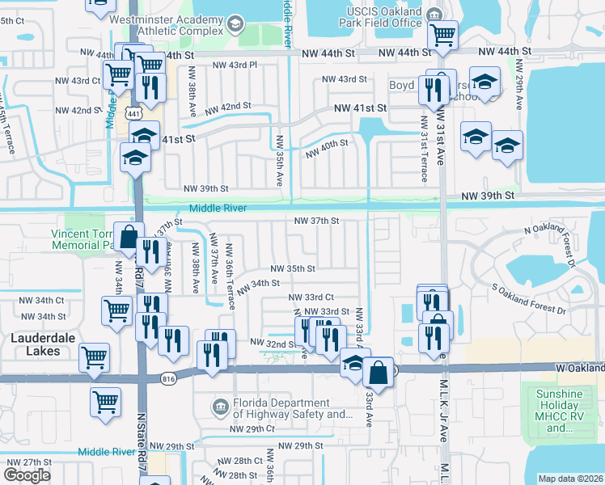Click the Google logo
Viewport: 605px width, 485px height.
[x=27, y=475]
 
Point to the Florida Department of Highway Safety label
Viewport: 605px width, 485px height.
[x=289, y=409]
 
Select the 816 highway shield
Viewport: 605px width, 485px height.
[x=168, y=377]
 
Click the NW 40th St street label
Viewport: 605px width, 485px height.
[x=327, y=148]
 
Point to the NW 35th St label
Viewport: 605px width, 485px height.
[x=293, y=268]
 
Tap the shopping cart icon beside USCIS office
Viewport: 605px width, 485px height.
[x=442, y=35]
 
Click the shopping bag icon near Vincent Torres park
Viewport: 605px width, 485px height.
[x=129, y=237]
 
